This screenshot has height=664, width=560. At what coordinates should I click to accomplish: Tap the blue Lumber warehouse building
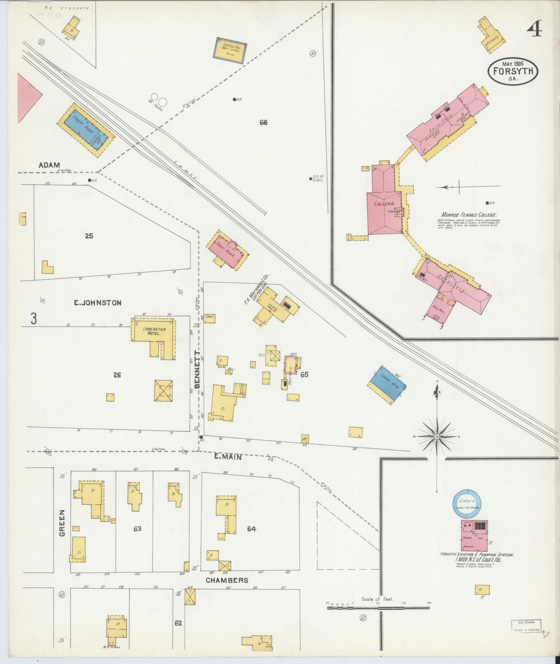point(387,384)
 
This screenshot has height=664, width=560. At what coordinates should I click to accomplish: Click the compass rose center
point(437,436)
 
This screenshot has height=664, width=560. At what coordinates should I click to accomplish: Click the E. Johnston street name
point(98,303)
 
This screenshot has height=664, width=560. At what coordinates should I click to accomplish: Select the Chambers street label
point(227,580)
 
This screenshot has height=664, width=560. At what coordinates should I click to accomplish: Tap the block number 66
point(264,122)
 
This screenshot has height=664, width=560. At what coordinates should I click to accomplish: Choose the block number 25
point(89,236)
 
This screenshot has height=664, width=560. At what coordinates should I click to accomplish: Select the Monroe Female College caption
point(469,215)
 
